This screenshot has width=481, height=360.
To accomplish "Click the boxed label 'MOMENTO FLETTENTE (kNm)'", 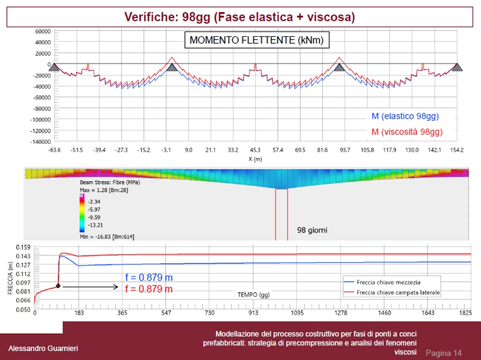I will pyautogui.click(x=257, y=40).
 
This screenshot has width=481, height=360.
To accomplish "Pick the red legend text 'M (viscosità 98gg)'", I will pyautogui.click(x=407, y=132).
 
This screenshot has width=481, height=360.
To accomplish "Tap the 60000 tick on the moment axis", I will pyautogui.click(x=43, y=31).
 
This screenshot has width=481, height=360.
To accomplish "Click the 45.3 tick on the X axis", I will pyautogui.click(x=255, y=150).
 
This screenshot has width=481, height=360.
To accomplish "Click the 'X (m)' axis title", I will pyautogui.click(x=255, y=159).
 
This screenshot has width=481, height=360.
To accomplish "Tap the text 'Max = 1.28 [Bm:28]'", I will pyautogui.click(x=103, y=190).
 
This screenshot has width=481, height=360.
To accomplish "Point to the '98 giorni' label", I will pyautogui.click(x=312, y=231).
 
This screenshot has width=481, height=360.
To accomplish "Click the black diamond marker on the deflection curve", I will pyautogui.click(x=58, y=286).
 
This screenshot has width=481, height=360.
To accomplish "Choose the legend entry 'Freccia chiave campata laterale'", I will pyautogui.click(x=399, y=293).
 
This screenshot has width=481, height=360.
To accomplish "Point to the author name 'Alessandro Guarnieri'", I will pyautogui.click(x=43, y=349).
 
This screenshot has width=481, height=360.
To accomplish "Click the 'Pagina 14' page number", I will pyautogui.click(x=444, y=353).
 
